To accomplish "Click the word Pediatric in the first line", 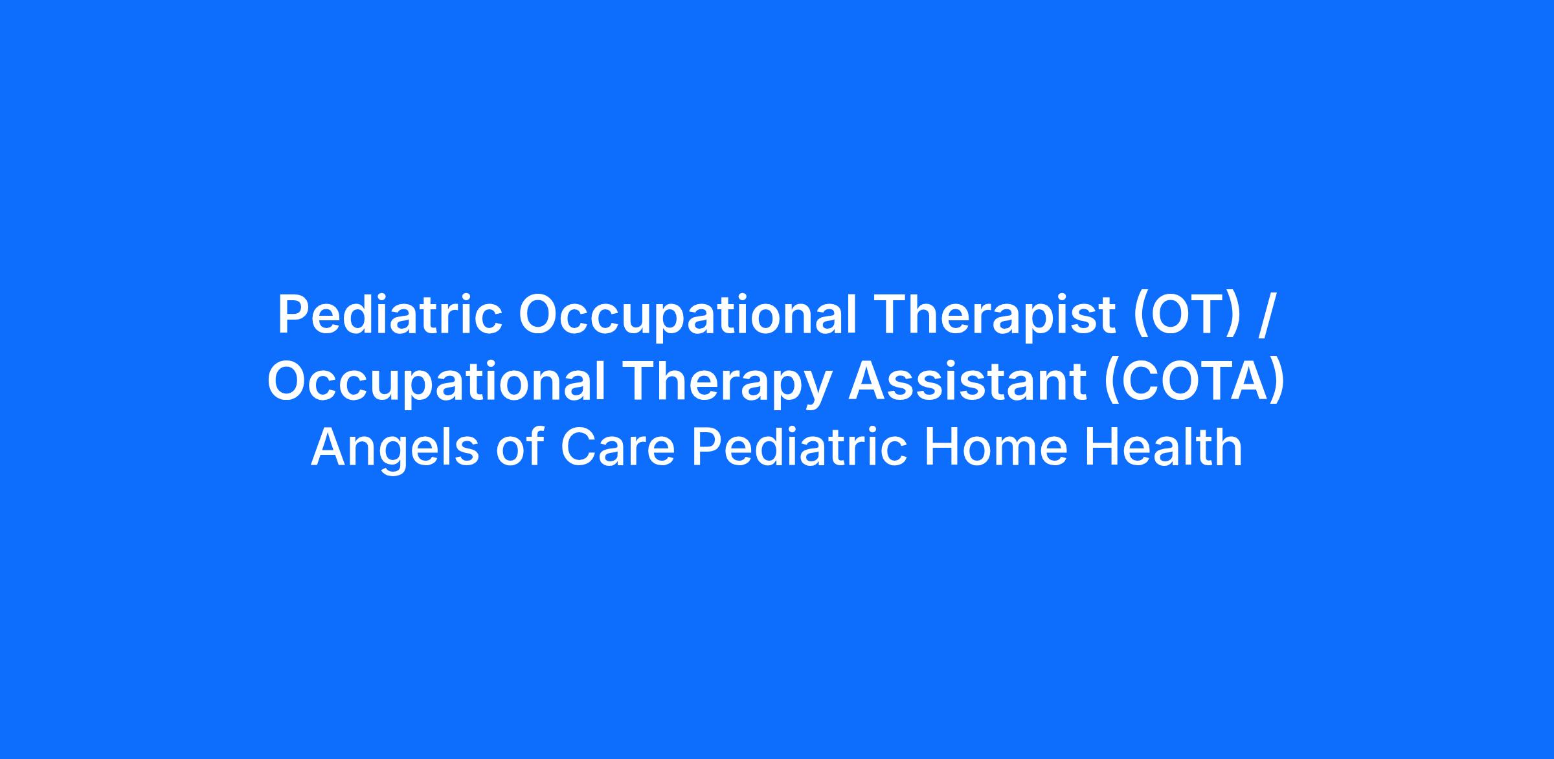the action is click(x=390, y=315).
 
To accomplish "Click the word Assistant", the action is click(x=967, y=381).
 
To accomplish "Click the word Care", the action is click(x=618, y=447).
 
